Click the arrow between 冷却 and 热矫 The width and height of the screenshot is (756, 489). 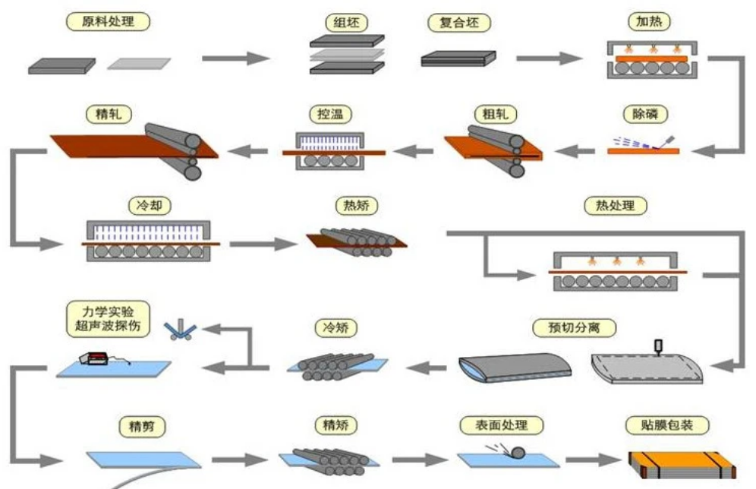point(263,244)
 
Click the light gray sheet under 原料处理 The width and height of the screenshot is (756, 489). point(139,64)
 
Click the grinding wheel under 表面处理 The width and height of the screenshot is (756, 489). point(518,453)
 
